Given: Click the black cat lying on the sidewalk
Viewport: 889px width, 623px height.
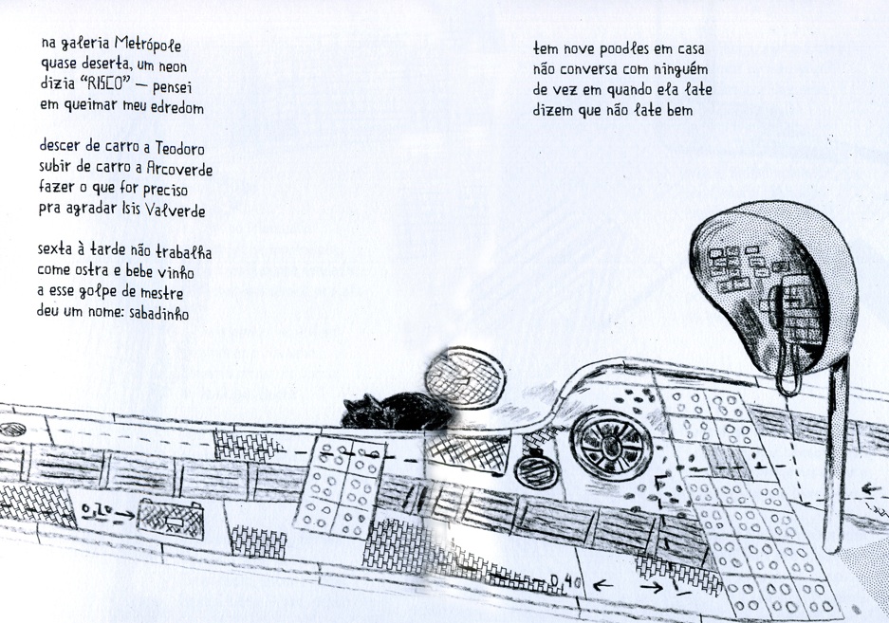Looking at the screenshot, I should (389, 410).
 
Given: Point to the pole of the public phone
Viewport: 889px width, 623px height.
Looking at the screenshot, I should (834, 465).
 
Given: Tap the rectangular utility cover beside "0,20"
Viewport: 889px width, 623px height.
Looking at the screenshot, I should (166, 516).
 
